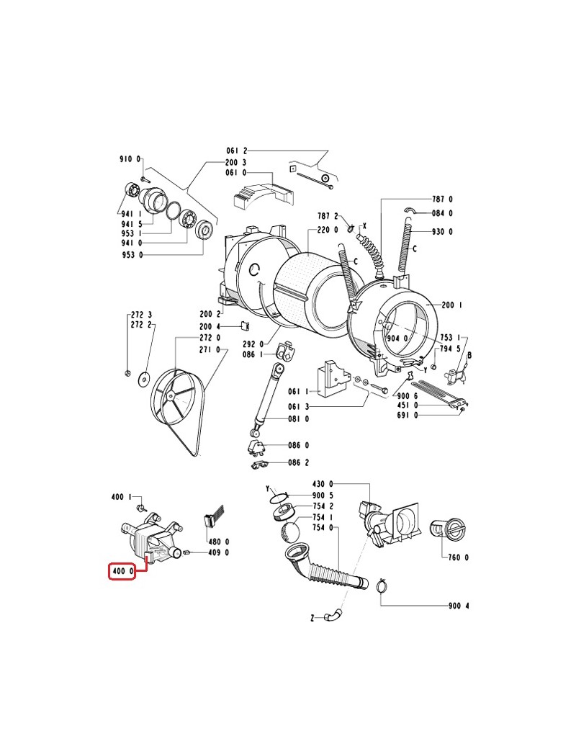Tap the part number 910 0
130,159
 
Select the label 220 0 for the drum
327,230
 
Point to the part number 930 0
442,232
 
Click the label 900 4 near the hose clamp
459,606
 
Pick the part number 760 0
459,557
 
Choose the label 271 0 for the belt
210,350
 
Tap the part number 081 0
299,419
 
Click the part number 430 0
323,484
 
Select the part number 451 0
408,405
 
